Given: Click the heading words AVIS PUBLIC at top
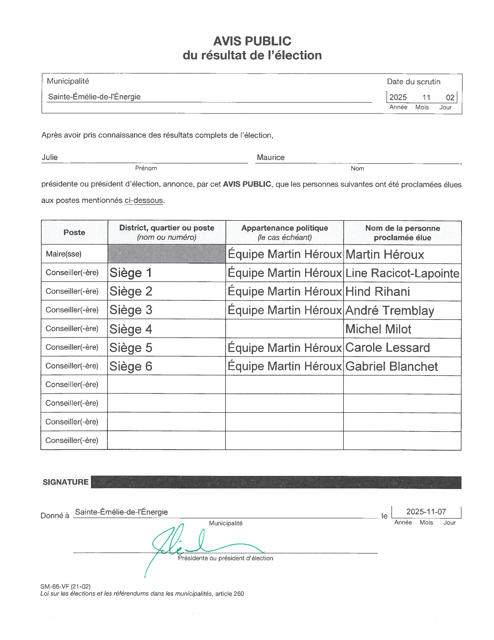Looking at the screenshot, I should click(252, 41).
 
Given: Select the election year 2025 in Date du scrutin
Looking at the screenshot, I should click(398, 97).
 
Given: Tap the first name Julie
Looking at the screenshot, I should click(50, 157).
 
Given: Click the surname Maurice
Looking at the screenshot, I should click(271, 157).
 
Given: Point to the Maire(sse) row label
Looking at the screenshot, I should click(64, 254).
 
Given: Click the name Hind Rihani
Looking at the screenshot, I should click(377, 291).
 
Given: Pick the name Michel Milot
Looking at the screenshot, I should click(378, 329).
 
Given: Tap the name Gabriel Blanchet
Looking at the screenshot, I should click(391, 366).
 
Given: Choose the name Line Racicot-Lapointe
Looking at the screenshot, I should click(402, 273).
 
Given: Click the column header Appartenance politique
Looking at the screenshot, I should click(284, 228).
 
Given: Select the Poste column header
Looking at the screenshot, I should click(74, 232).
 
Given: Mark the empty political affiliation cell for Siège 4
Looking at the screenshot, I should click(284, 329).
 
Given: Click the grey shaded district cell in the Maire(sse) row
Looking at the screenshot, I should click(167, 254).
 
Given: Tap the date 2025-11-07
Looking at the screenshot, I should click(426, 512).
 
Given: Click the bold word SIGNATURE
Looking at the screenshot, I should click(66, 482).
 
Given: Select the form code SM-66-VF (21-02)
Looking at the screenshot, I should click(66, 586).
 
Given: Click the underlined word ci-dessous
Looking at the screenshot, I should click(143, 200).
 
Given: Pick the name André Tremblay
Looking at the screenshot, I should click(389, 310).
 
